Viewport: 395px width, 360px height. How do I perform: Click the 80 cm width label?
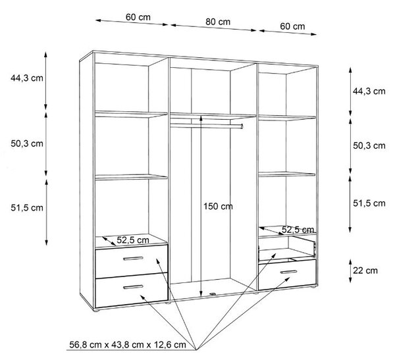coord(218,22)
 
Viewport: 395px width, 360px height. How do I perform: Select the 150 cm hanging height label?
coord(218,207)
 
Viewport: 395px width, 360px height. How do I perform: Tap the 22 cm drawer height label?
coord(365,270)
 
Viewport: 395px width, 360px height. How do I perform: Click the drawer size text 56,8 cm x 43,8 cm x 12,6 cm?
coord(128,345)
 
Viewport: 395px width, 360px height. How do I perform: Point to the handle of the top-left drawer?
coord(133,258)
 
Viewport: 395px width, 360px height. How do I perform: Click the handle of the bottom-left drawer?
coord(133,287)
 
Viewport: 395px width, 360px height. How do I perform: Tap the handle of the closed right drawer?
coord(289,272)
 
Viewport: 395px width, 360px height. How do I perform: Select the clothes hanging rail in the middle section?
coord(207,125)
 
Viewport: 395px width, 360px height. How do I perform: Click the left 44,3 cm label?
coord(27,78)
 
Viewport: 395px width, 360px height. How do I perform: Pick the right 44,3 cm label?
coord(369,91)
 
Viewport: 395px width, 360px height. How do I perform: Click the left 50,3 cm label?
coord(27,143)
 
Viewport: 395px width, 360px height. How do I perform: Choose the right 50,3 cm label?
coord(369,145)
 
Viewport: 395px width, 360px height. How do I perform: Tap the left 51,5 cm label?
coord(27,208)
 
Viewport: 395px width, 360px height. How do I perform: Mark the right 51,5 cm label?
coord(369,203)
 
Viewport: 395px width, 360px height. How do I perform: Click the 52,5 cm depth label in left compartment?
coord(133,240)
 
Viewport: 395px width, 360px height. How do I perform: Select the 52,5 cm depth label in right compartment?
coord(298,230)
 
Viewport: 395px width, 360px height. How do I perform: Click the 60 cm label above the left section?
coord(138,17)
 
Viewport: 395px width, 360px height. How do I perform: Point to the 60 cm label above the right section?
coord(292,26)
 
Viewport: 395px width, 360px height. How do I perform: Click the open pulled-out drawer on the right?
coord(287,249)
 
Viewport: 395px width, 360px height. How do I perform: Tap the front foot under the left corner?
coord(95,311)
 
